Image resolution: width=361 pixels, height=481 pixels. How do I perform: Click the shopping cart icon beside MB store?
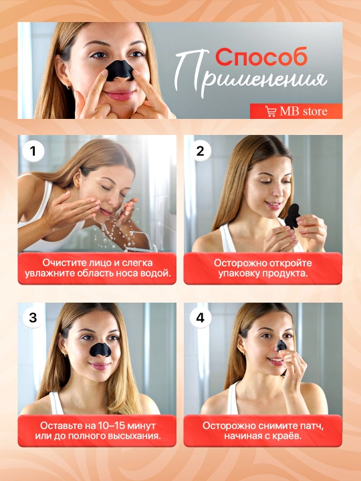tap(271, 111)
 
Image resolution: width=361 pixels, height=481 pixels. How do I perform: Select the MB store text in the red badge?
tap(304, 112)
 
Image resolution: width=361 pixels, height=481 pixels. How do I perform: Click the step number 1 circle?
tap(33, 151)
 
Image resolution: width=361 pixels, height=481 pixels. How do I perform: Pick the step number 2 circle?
tap(200, 151)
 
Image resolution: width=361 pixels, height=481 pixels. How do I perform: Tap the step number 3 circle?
tap(33, 318)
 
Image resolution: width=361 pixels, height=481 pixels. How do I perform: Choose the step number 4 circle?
tap(200, 318)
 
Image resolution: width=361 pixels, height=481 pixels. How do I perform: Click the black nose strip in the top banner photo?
tap(120, 71)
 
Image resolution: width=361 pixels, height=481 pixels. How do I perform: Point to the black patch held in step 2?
tap(292, 216)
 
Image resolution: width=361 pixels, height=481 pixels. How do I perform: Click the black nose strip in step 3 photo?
tap(100, 349)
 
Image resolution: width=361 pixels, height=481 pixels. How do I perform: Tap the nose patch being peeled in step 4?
tap(281, 345)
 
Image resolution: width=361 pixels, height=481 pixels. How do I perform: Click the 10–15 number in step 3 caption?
tap(112, 426)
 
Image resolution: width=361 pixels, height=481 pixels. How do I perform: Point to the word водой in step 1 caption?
tap(156, 273)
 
